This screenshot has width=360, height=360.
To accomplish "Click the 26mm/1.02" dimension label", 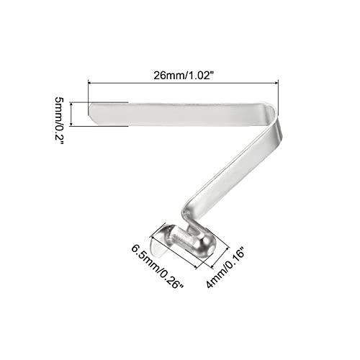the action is [184, 76].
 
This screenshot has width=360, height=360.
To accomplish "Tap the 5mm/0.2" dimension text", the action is [59, 121].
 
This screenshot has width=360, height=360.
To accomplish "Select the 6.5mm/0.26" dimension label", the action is [158, 267].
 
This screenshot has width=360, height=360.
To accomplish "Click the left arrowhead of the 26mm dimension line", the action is [90, 83].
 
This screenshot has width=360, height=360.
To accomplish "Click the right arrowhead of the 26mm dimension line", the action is [276, 83].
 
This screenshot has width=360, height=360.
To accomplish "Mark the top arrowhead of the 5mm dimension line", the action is [71, 104].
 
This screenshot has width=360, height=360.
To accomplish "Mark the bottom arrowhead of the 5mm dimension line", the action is [71, 124].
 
